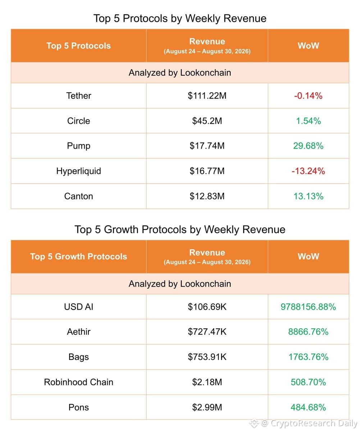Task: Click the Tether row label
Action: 78,96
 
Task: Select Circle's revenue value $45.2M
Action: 207,121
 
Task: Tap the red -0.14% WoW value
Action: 308,96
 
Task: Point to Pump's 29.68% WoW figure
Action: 308,146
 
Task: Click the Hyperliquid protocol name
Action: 78,171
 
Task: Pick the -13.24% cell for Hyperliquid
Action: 308,171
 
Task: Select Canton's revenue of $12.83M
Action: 207,196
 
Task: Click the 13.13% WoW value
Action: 308,196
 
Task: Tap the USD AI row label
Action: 78,307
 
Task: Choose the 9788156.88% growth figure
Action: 308,307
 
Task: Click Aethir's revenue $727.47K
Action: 207,332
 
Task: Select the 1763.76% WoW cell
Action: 308,357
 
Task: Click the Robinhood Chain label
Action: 78,382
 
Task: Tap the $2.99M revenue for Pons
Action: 207,407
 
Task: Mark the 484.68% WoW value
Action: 308,407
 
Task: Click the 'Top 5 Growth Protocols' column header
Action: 78,257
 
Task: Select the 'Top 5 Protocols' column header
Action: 78,46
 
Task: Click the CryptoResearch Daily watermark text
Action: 314,423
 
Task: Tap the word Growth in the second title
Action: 121,230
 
